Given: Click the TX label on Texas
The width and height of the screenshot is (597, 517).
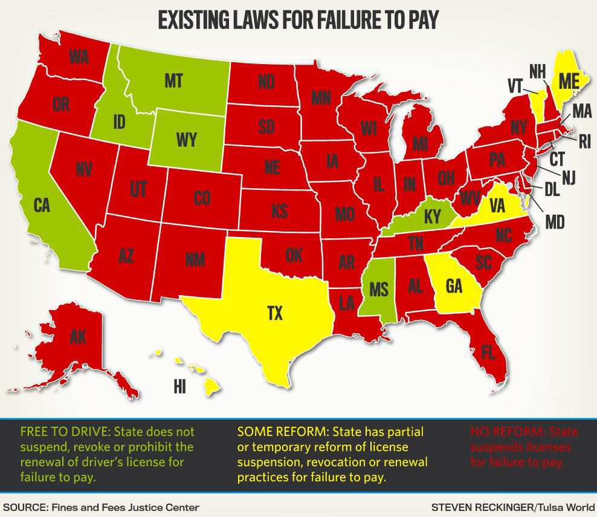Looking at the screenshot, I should point(275,313).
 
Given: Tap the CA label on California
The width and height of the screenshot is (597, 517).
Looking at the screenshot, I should point(42,206).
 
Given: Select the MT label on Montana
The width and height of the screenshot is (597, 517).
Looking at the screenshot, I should point(173,81).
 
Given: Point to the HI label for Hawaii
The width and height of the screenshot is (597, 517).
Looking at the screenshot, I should point(179,386).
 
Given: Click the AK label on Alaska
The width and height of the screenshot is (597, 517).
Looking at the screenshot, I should point(78,337).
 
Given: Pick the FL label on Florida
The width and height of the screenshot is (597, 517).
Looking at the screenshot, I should point(488,352).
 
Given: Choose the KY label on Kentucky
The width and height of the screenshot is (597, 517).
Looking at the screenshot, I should point(433,216).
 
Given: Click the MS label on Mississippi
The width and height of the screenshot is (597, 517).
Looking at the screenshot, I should point(379,289).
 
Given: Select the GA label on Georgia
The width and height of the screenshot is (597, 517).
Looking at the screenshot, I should point(454,285).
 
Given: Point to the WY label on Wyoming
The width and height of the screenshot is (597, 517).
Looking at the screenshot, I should point(187,140).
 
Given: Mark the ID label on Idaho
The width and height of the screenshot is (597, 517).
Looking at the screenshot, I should point(119,122).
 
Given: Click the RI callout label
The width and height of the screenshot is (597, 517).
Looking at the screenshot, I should point(584,142).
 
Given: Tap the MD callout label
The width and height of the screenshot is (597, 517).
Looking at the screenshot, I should point(555,222).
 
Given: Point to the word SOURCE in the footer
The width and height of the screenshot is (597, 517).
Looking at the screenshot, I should point(25,507).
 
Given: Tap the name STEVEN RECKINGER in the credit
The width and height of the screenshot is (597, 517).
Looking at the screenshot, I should point(482,507).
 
